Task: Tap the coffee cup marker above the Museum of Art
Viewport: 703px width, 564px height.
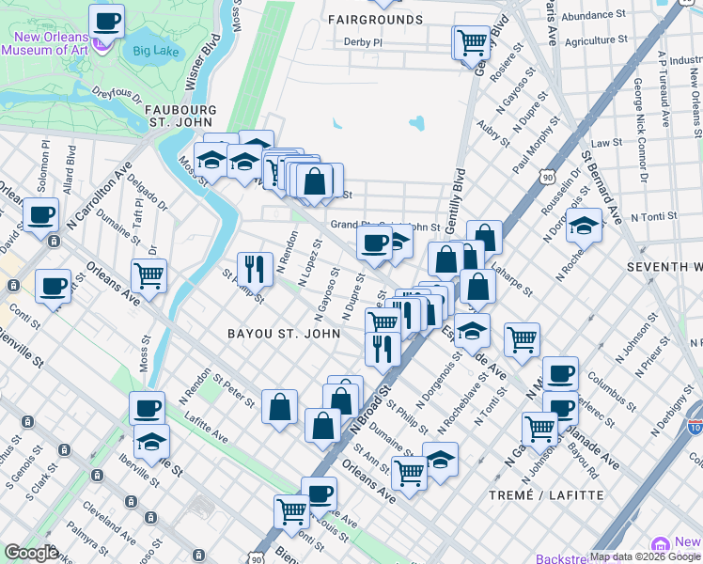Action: (x=106, y=20)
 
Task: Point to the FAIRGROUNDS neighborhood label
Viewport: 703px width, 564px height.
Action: (x=376, y=19)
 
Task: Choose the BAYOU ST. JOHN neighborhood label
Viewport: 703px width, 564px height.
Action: (x=282, y=334)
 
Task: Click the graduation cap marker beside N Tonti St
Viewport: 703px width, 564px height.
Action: (x=584, y=227)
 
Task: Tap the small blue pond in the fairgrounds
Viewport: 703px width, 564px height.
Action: (x=416, y=123)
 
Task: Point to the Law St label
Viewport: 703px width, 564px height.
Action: (x=606, y=142)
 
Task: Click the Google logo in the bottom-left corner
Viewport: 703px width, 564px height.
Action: (x=31, y=553)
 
